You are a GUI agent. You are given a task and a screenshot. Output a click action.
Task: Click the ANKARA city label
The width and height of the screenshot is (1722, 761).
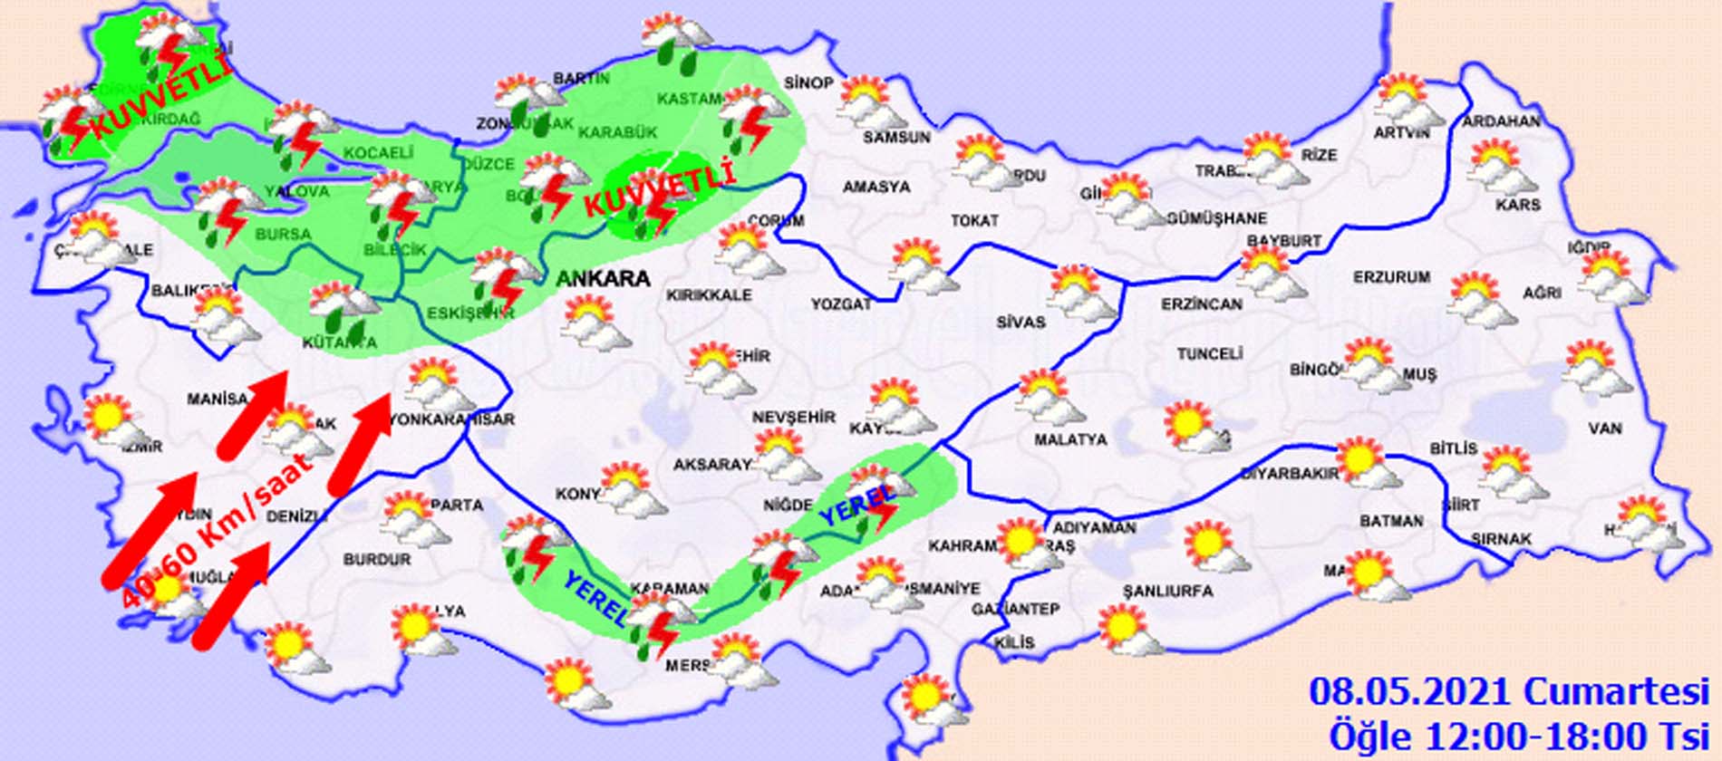[603, 279]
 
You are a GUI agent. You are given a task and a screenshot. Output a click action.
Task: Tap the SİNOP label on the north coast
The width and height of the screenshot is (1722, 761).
[808, 83]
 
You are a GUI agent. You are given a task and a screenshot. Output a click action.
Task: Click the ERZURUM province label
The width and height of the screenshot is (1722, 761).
[1391, 277]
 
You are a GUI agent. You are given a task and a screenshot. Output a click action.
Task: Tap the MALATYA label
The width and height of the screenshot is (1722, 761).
[1070, 439]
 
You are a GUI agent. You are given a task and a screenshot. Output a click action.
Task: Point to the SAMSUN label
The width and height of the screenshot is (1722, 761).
[896, 138]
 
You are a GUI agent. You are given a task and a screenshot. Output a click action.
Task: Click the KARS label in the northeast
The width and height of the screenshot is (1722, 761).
[1518, 206]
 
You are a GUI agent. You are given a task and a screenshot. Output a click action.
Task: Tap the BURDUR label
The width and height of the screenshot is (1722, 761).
[376, 560]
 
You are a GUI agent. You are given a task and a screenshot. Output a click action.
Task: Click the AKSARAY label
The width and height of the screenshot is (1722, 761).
[711, 465]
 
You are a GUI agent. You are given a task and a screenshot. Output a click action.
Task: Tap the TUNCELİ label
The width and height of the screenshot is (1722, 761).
[1210, 354]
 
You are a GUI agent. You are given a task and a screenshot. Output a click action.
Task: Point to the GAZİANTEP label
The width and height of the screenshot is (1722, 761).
[1015, 610]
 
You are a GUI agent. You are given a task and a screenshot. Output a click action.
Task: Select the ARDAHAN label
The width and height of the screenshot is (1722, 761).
[1501, 120]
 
